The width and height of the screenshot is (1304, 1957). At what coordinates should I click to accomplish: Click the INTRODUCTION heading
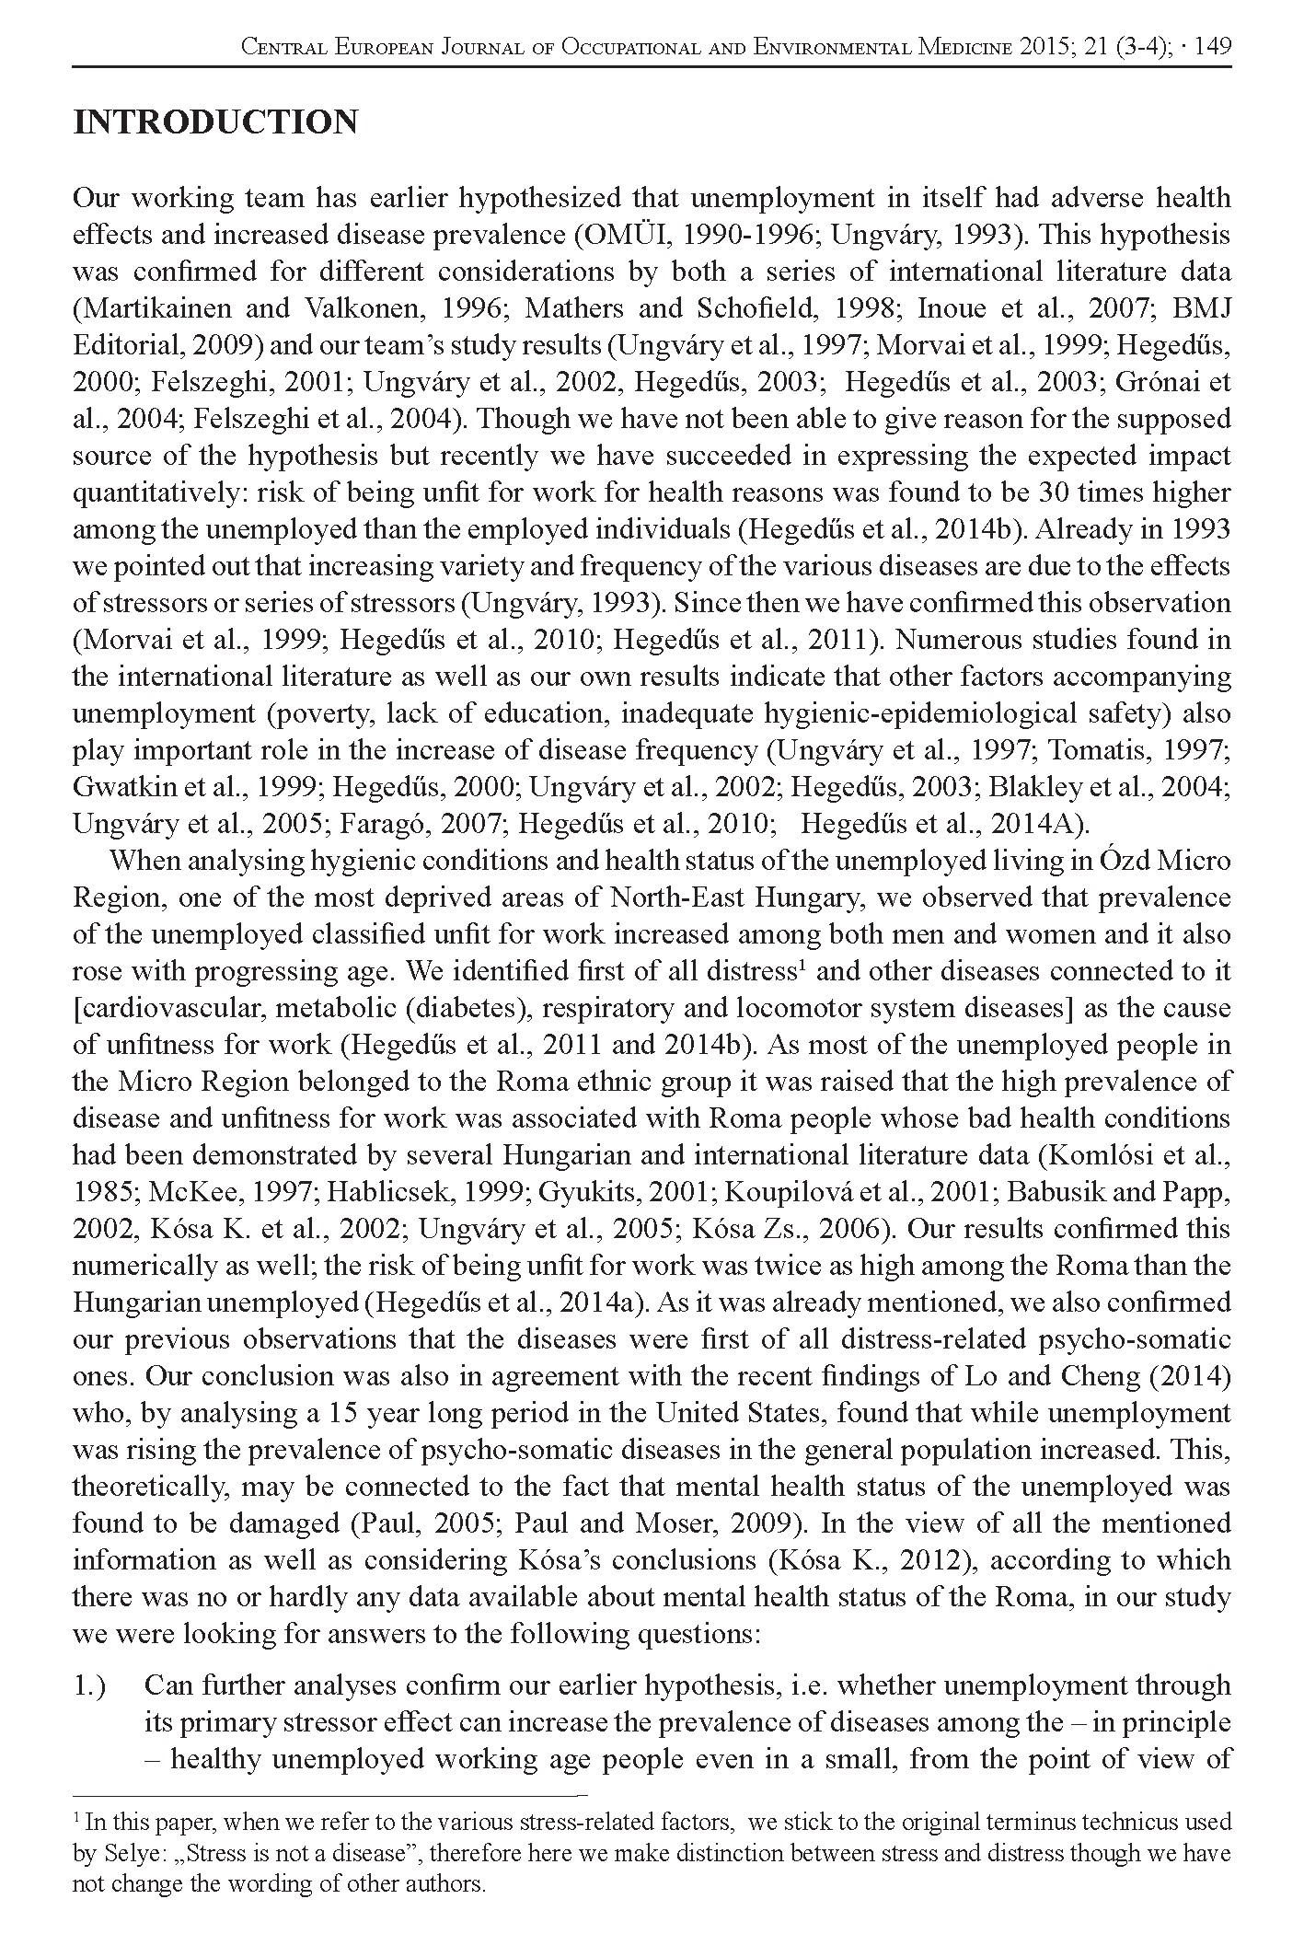[x=215, y=122]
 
